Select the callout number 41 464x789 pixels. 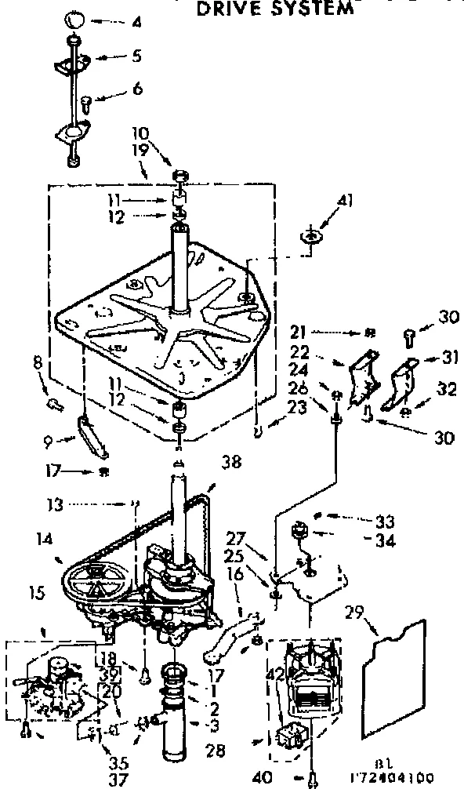coord(346,202)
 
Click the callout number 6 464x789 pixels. coord(138,90)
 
